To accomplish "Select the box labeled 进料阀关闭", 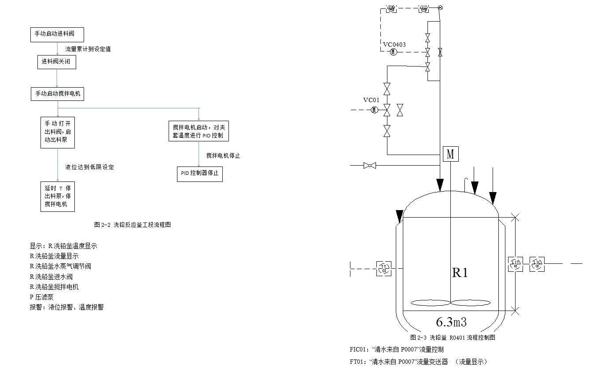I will click(56, 62).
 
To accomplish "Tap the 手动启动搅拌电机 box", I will click(57, 94).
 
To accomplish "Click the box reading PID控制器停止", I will click(199, 174).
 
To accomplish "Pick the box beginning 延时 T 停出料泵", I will click(58, 196).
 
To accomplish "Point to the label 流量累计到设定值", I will click(88, 49).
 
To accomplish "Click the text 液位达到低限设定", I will click(90, 167).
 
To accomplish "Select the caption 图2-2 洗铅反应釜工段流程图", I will click(133, 225).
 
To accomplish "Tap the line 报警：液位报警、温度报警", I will click(66, 307).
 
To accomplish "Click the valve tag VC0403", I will click(394, 44).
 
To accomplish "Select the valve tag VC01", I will click(371, 100).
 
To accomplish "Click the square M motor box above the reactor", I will click(450, 155).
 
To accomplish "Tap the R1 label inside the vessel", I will click(460, 273).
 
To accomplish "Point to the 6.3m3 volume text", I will click(451, 322).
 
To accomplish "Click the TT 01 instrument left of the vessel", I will click(384, 268).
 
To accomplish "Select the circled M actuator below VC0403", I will click(393, 52).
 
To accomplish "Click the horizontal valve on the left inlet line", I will click(370, 166).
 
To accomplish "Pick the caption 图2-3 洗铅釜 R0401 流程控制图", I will click(453, 337).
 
